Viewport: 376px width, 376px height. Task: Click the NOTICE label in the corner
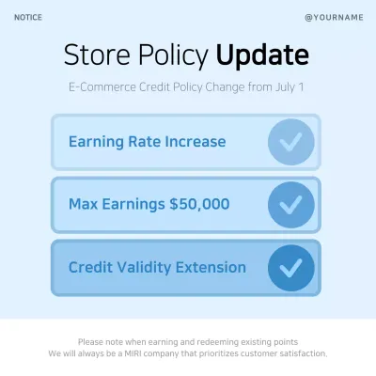click(28, 18)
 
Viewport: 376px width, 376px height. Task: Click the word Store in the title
click(90, 55)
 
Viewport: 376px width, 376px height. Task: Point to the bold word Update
click(262, 55)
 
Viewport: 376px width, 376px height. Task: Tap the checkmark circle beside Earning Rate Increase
click(291, 143)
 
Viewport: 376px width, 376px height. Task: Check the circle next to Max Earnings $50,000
click(291, 204)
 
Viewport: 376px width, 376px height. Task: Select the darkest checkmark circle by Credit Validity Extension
click(291, 267)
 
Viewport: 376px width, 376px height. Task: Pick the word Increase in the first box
click(193, 142)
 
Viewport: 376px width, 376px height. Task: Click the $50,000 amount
click(196, 204)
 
